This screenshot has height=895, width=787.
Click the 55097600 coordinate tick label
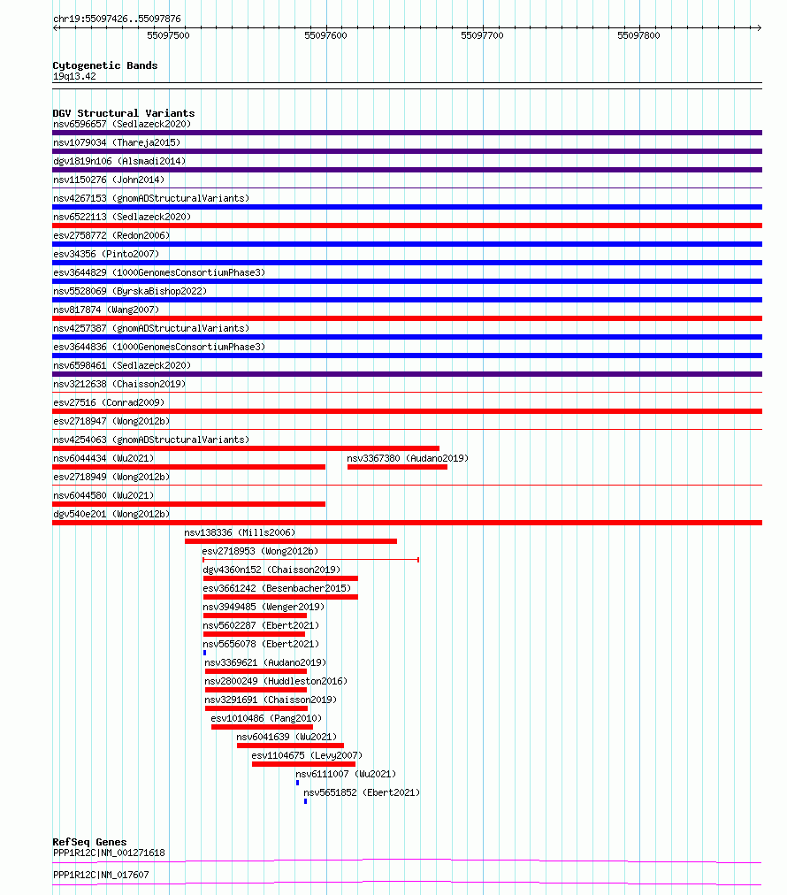pos(325,35)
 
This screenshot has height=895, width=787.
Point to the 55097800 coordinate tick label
pos(638,35)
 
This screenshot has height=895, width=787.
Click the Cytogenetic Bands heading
pos(104,65)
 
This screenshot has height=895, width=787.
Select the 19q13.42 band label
pos(74,76)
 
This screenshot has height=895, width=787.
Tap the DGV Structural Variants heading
pos(123,113)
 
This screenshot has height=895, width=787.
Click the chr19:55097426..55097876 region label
pos(117,18)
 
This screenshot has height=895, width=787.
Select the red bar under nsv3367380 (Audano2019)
pos(397,467)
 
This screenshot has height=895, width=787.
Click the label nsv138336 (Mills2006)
pos(240,532)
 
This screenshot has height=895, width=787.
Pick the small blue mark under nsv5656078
pos(204,653)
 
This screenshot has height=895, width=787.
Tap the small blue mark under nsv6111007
pos(297,783)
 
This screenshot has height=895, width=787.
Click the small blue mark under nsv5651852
pos(305,801)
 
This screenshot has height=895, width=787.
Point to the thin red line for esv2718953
pos(310,560)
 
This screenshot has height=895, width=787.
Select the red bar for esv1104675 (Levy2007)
pos(303,764)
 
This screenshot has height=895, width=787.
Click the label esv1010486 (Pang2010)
pos(266,718)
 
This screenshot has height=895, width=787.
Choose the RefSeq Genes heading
pos(89,842)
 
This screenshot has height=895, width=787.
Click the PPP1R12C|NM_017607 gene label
pos(101,875)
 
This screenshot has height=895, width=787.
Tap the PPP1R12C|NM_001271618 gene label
pos(109,853)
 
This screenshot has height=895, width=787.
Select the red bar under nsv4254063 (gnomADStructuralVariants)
pos(246,448)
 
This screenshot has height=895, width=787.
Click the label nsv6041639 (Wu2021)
pos(287,737)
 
